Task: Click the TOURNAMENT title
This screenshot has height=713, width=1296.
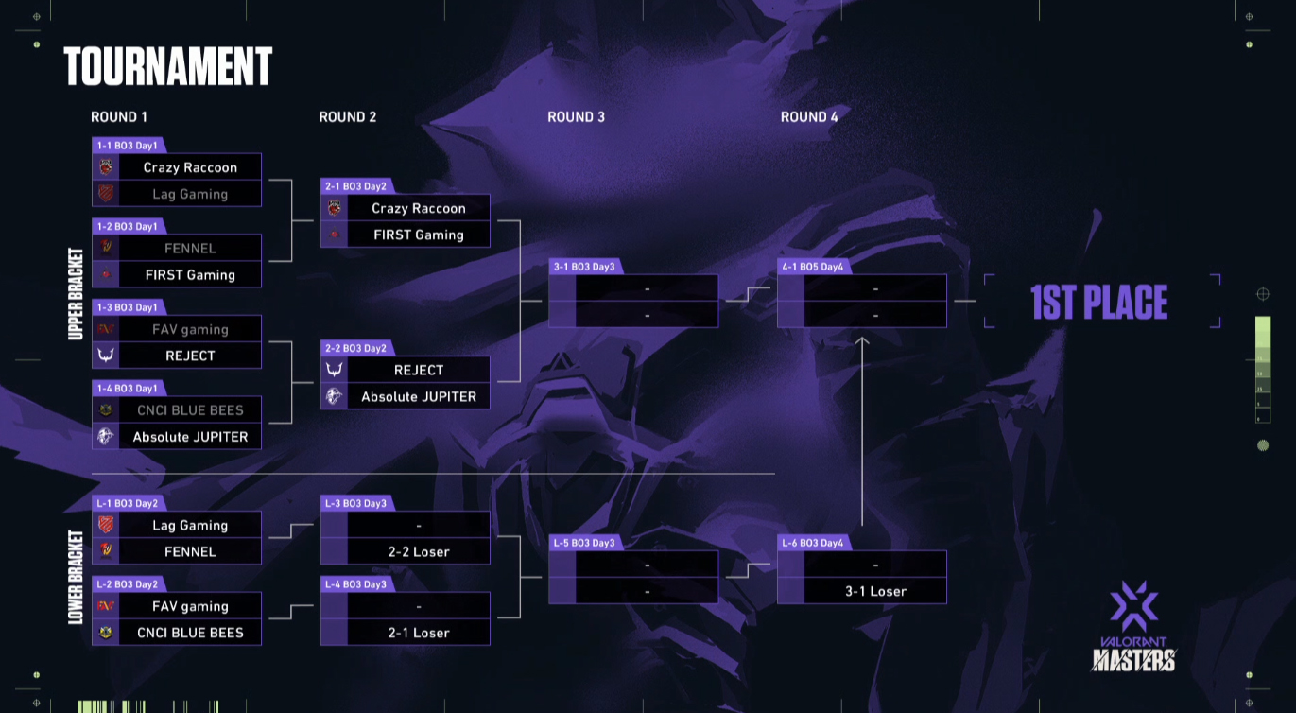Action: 167,66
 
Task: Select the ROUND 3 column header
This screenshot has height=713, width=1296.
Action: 577,117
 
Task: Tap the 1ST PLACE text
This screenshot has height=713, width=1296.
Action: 1099,302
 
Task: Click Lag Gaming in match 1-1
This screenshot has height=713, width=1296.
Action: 190,194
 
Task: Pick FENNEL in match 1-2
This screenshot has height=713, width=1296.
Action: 190,249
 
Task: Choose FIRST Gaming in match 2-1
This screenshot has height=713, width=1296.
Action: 419,235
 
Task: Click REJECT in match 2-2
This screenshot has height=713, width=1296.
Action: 419,370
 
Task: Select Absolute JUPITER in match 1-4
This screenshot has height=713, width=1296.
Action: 190,437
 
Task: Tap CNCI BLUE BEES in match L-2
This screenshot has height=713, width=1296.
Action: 190,633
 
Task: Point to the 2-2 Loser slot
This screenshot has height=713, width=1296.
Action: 419,551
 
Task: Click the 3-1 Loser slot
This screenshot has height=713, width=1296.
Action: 876,591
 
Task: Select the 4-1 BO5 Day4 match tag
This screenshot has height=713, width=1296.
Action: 813,267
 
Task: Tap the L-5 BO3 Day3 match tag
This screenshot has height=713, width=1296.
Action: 584,543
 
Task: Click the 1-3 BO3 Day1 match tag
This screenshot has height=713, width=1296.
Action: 128,307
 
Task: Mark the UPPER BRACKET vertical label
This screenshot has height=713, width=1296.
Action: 76,294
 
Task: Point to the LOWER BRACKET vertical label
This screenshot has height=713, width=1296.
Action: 76,578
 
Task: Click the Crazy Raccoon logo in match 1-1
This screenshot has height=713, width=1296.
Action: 106,167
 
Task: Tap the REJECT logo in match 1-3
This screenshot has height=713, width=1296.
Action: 106,356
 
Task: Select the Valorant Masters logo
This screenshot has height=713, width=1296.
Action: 1134,627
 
